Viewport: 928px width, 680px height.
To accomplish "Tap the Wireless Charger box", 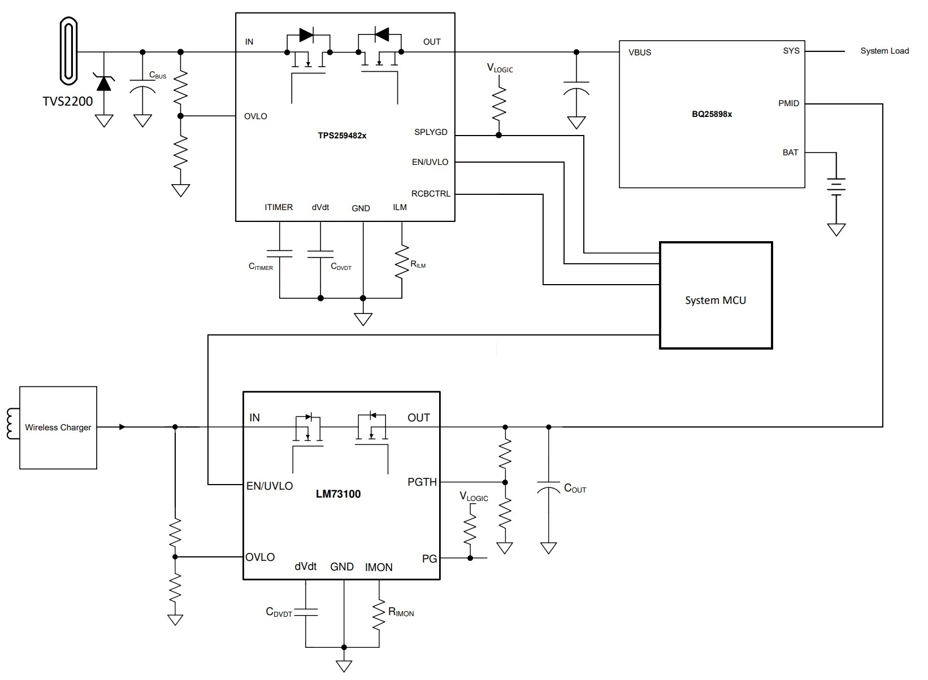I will (58, 428).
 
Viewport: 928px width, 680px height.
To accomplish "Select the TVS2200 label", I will (68, 102).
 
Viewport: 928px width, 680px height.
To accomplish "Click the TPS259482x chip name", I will (342, 136).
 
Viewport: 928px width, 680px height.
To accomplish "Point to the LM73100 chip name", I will (338, 494).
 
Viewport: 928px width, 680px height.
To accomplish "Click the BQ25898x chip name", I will (712, 114).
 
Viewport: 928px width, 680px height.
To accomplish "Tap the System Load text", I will (884, 51).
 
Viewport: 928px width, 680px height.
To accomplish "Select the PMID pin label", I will (788, 103).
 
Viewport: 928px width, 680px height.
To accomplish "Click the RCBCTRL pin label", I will (431, 194).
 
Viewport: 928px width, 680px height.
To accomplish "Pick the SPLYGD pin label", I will (431, 132).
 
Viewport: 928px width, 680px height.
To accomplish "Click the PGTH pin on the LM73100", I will (422, 482).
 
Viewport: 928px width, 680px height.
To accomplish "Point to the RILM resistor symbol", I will (402, 261).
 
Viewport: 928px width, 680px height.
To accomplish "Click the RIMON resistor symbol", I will (379, 614).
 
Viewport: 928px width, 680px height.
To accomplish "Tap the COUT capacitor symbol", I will (548, 488).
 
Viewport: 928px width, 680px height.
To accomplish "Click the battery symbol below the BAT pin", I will (836, 186).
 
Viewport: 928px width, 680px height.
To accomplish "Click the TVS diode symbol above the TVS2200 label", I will (103, 82).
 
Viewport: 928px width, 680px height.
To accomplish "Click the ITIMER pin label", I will (279, 207).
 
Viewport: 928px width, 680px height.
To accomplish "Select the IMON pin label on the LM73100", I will (379, 567).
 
